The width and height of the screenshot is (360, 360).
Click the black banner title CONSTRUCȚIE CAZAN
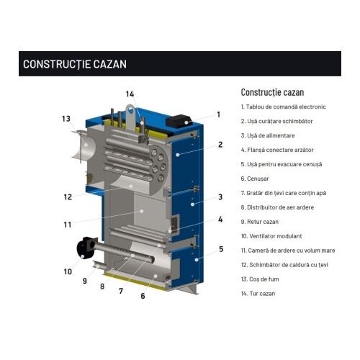[x=75, y=64]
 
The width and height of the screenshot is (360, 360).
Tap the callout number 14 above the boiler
[x=130, y=94]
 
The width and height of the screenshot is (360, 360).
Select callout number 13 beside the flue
[x=66, y=119]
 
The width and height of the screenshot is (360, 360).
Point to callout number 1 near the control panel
[x=218, y=114]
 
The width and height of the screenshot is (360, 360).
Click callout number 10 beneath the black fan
[x=68, y=271]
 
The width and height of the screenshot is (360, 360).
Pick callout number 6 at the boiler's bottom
[x=143, y=296]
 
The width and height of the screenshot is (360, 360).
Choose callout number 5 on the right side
[x=221, y=249]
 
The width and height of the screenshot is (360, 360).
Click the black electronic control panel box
[x=179, y=121]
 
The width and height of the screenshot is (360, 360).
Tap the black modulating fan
[x=86, y=248]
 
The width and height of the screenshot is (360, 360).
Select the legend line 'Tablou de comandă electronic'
[x=283, y=107]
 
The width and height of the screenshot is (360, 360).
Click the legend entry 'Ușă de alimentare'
[x=268, y=135]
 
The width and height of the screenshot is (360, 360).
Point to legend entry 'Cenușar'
[x=255, y=179]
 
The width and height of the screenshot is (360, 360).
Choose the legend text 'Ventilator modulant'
[x=271, y=236]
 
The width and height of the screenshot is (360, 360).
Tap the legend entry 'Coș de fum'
[x=260, y=279]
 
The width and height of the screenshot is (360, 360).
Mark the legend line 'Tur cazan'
[x=258, y=294]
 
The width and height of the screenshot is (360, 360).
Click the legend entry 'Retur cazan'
[x=260, y=222]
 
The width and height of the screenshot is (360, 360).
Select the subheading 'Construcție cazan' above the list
[x=272, y=92]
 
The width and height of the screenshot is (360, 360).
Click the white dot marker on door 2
[x=178, y=155]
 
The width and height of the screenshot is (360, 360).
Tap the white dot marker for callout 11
[x=142, y=211]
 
